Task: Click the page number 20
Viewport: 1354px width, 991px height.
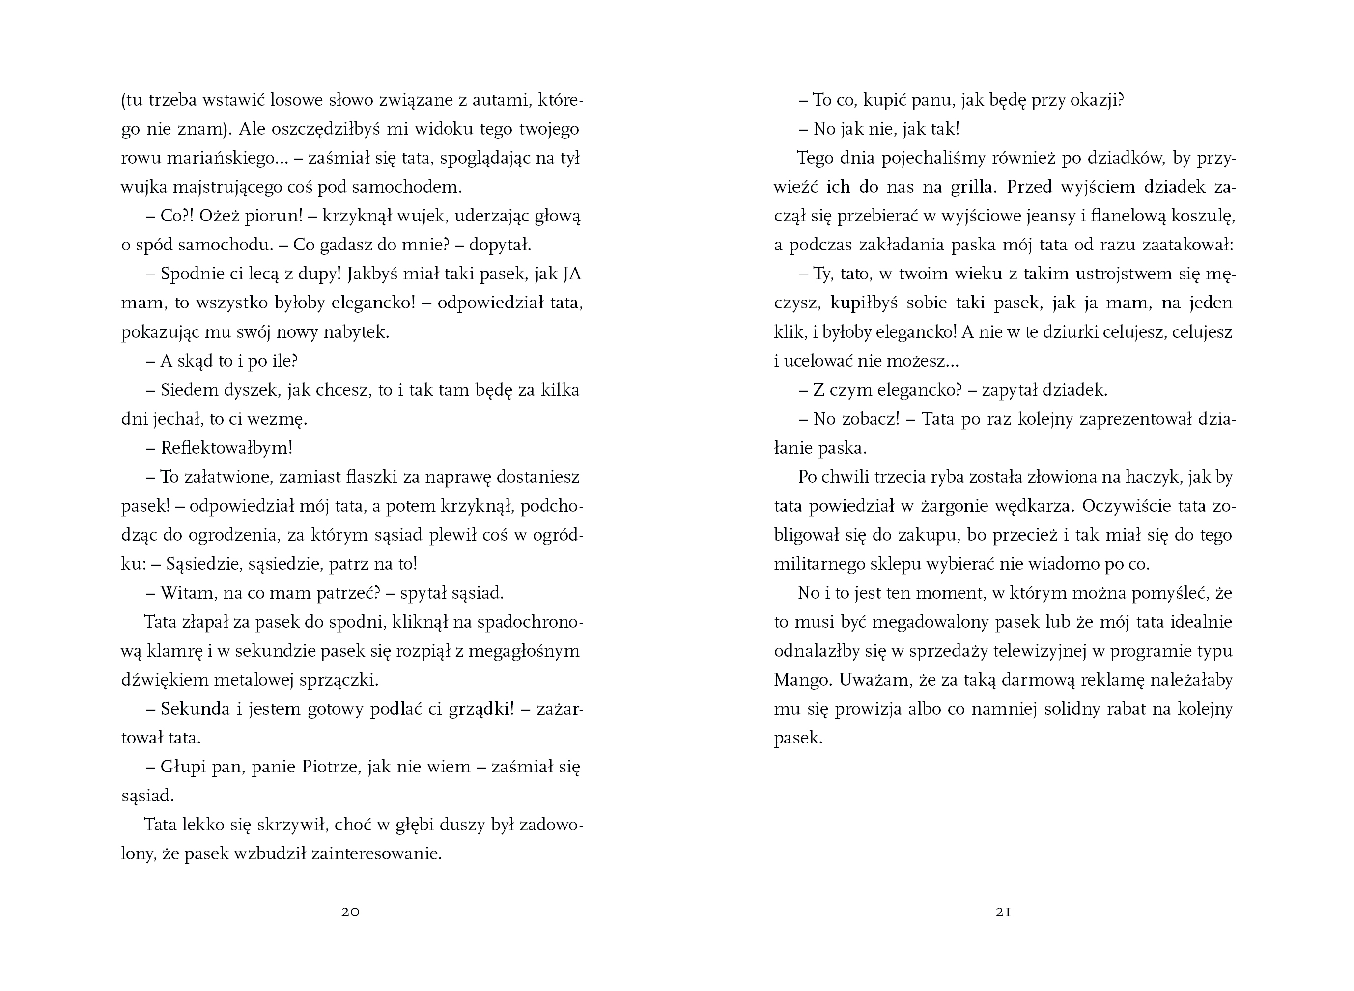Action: tap(350, 912)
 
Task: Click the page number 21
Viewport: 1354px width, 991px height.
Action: tap(1004, 912)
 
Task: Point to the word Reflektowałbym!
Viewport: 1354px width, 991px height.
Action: tap(227, 448)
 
